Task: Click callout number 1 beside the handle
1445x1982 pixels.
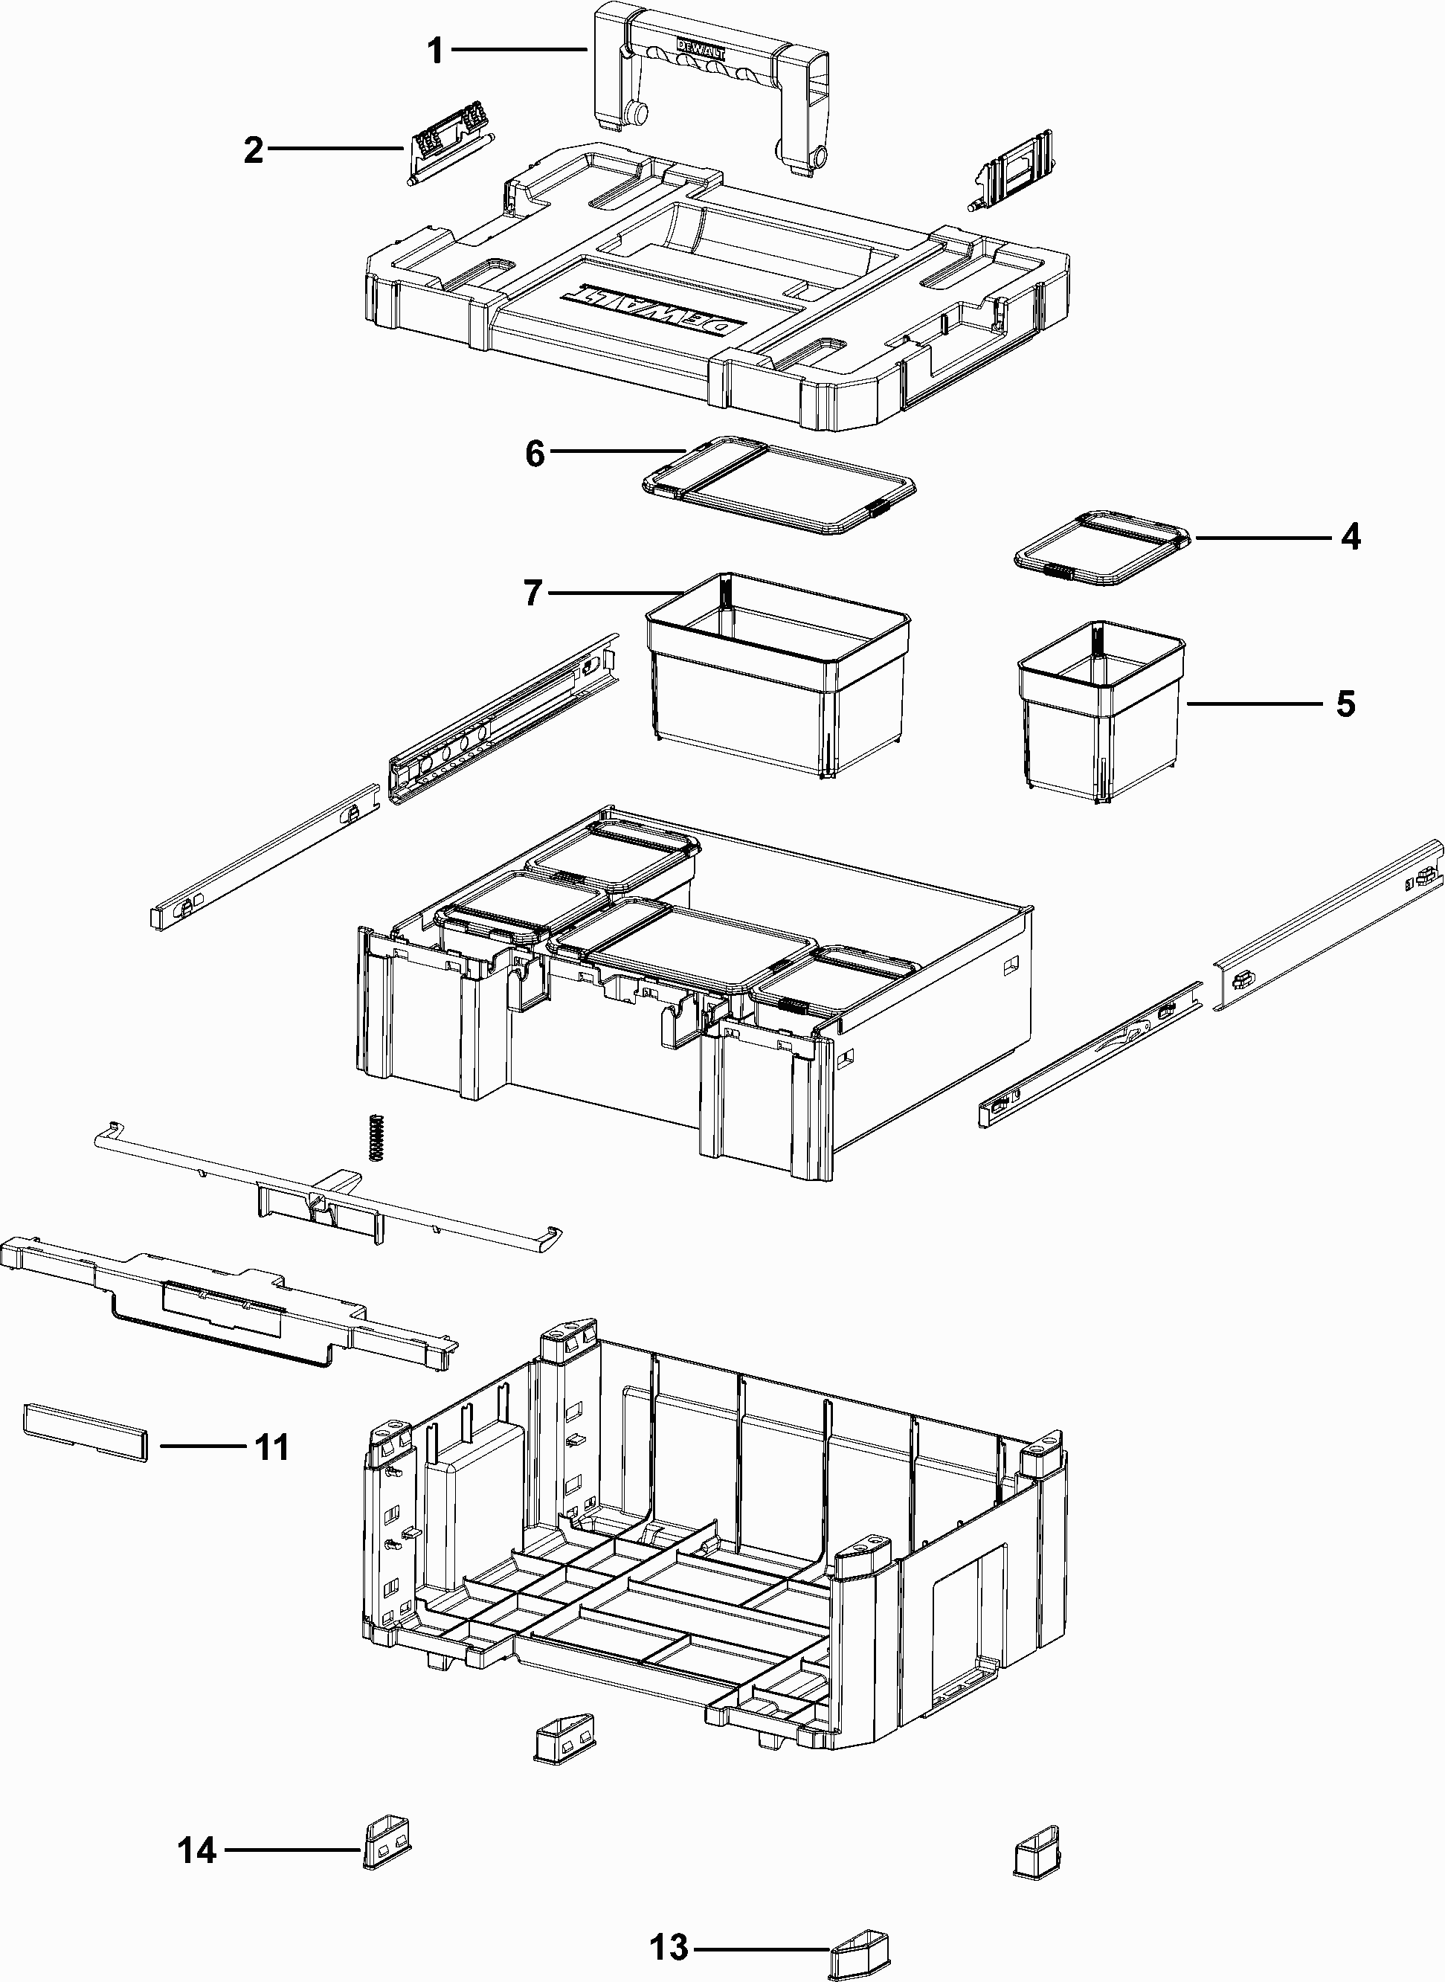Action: [435, 51]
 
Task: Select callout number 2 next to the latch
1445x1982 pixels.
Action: [254, 150]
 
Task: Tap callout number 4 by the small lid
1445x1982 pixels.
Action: [1351, 537]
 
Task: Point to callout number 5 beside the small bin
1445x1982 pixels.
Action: [1345, 704]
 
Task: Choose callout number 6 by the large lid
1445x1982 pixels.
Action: [535, 453]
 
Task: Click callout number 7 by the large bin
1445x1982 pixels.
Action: [533, 593]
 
